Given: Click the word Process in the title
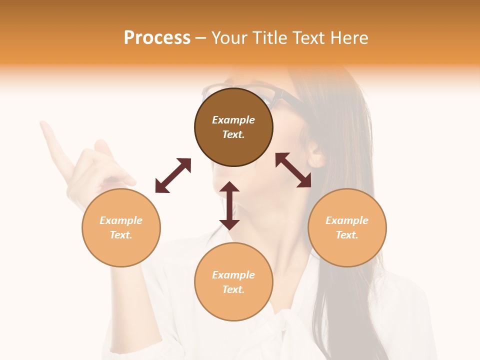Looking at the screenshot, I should pyautogui.click(x=157, y=38).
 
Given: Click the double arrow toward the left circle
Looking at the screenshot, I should pyautogui.click(x=173, y=175).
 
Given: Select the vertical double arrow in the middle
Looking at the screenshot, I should pyautogui.click(x=229, y=205).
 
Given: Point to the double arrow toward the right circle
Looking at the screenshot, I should pyautogui.click(x=293, y=170).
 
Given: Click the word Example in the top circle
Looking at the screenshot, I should pyautogui.click(x=233, y=120).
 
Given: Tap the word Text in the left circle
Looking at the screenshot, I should pyautogui.click(x=120, y=235).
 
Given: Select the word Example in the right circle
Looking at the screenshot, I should pyautogui.click(x=347, y=220).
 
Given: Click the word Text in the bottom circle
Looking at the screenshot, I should pyautogui.click(x=233, y=289).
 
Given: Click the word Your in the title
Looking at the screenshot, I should pyautogui.click(x=228, y=38).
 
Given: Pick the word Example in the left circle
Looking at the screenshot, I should pyautogui.click(x=121, y=220).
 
